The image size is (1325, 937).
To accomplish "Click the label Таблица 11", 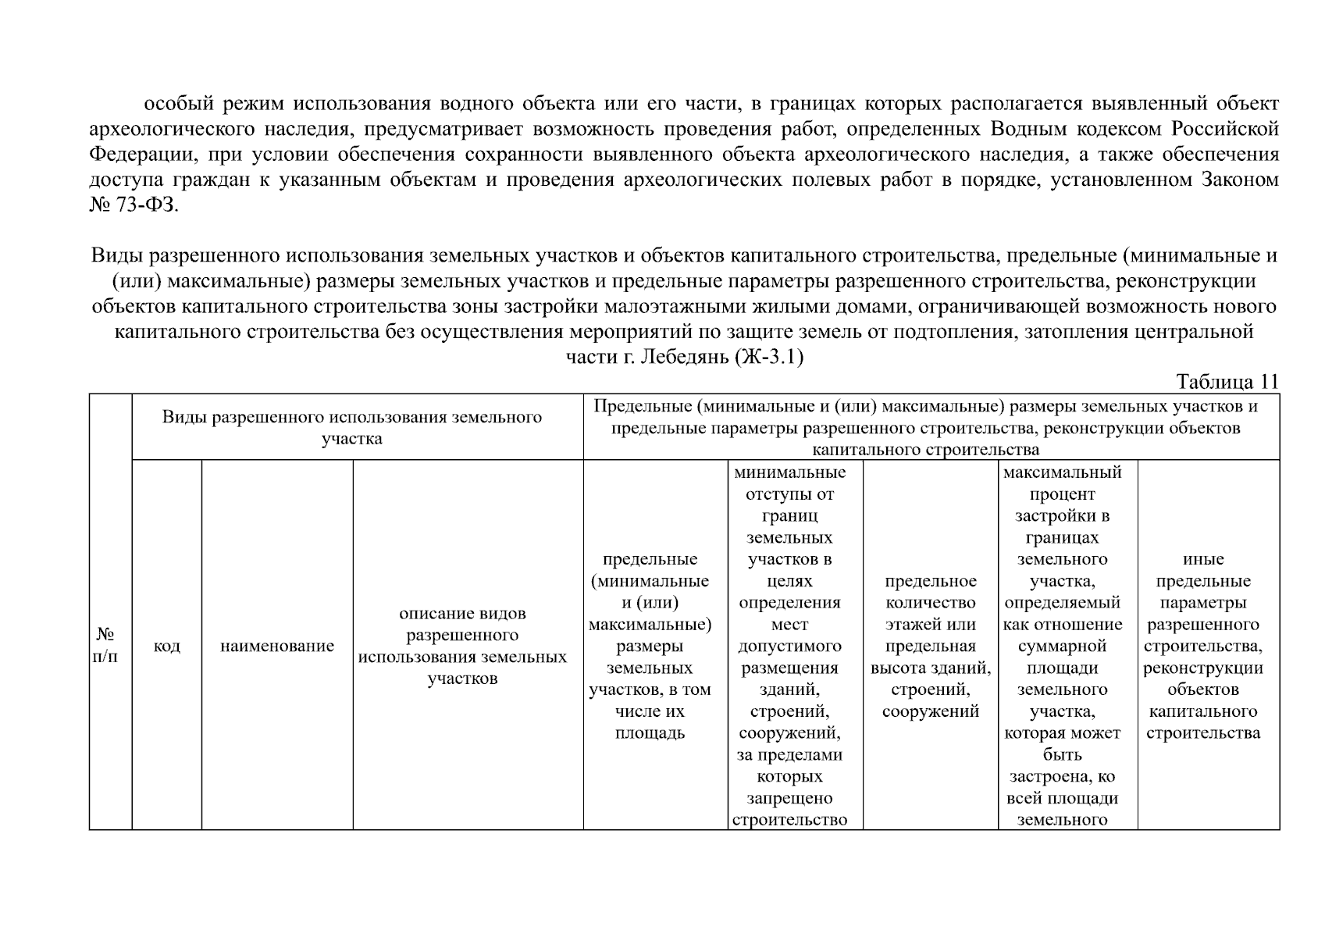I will [1227, 382].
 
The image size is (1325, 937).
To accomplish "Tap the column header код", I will [167, 646].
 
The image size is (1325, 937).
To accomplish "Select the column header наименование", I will [277, 646].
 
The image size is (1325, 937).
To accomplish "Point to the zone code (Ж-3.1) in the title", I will [769, 358].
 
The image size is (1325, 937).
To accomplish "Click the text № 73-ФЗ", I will [134, 206].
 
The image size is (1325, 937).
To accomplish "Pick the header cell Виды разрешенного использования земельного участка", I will [352, 427].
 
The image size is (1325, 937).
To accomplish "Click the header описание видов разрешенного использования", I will [462, 646].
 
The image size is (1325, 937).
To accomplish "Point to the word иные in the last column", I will [1203, 559].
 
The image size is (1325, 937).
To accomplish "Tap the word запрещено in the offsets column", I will [789, 798].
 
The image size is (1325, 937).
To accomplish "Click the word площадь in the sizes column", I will [650, 733].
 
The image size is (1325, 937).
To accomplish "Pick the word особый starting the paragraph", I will [179, 103].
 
